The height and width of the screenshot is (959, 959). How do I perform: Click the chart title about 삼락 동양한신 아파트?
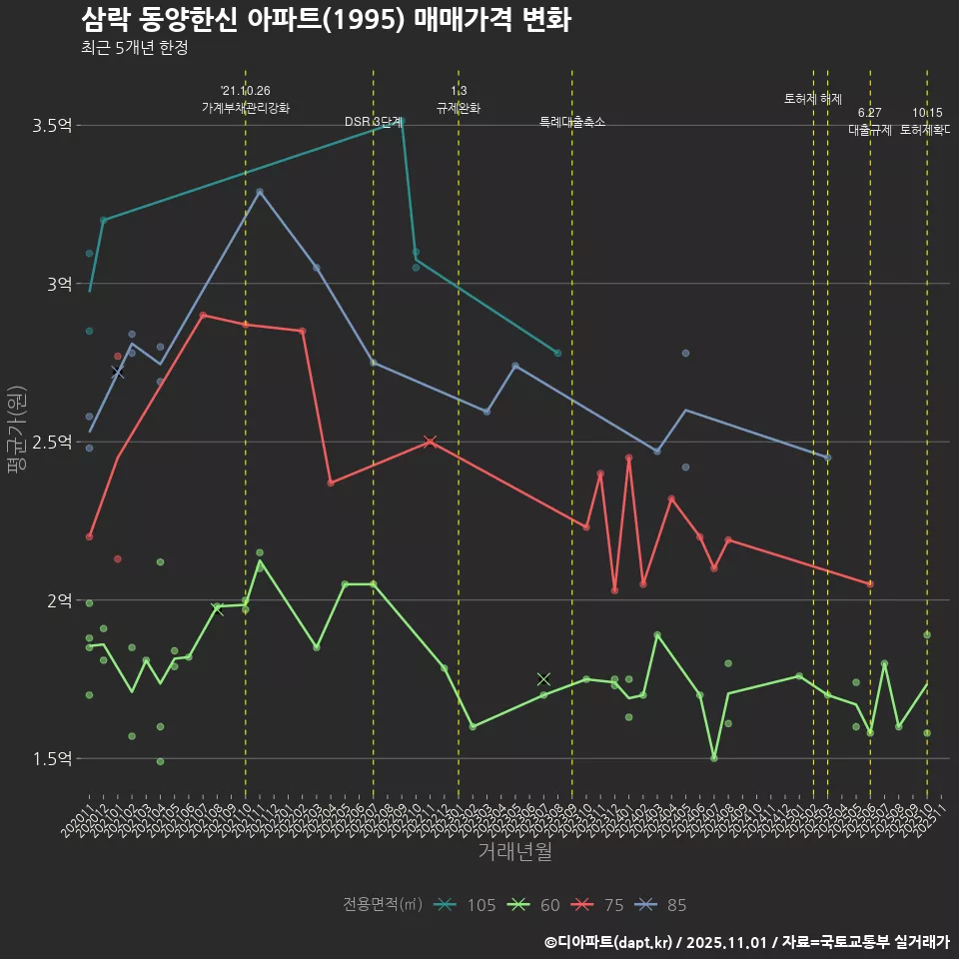(326, 20)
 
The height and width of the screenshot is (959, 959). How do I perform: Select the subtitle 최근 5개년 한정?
(134, 47)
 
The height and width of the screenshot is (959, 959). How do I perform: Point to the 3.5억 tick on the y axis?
(52, 126)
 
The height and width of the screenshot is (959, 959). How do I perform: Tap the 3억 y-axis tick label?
(59, 284)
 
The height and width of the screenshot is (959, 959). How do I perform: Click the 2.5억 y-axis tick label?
(52, 443)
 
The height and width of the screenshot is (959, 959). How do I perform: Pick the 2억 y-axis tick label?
(59, 600)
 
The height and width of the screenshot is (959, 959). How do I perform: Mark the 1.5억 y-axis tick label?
(52, 759)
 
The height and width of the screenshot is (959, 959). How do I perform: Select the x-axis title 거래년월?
(514, 852)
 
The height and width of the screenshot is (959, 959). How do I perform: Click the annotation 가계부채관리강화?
(246, 108)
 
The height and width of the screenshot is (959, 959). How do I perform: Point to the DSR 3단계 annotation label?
(373, 122)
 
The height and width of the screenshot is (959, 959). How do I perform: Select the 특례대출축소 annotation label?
(572, 122)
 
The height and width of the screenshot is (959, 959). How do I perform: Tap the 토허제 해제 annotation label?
(813, 99)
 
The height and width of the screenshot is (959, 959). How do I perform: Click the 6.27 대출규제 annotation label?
(870, 121)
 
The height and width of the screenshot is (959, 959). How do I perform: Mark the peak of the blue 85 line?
(260, 191)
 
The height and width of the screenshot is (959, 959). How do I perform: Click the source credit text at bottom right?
(746, 941)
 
